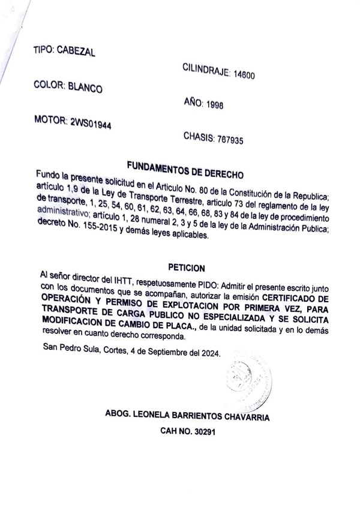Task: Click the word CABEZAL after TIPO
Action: coord(74,52)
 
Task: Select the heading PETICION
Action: coord(187,267)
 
